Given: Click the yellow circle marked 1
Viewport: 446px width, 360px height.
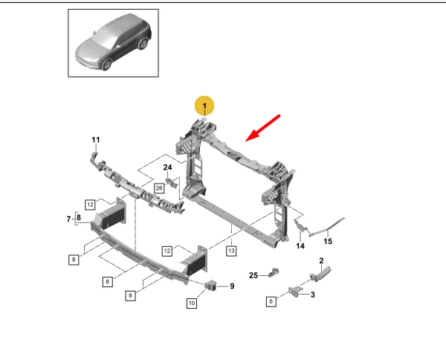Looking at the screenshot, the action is coord(204,106).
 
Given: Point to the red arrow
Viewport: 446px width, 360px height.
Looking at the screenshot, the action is coord(263,128).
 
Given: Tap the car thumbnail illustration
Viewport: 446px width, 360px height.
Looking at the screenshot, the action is coord(113,42).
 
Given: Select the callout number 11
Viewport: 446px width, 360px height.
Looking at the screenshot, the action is coord(96,140).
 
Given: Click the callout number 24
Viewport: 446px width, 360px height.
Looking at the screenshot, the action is coord(167,167).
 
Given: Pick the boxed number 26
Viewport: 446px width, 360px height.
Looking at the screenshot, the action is coord(159,188).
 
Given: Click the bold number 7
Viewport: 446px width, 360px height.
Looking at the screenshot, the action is coord(68,219).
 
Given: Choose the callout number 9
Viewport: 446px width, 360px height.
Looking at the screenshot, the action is coord(232,286).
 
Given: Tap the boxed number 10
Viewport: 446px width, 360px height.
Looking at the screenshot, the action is coord(192,303).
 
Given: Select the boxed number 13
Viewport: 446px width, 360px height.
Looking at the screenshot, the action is coord(231,251).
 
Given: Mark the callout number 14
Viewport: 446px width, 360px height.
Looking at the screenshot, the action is coord(300,246).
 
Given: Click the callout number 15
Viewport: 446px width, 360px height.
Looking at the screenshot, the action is coord(328,241).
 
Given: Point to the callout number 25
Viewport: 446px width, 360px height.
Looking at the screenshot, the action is coord(253,275).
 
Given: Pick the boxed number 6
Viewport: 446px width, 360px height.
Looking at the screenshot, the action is coord(271,301).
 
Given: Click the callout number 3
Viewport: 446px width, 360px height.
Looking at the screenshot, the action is coord(313,295).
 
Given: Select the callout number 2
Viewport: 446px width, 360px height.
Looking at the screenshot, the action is coord(321,260).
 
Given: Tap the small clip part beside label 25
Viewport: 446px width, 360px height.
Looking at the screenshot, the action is coord(274,272).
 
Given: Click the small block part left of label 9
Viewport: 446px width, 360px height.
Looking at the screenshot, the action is coord(211,285).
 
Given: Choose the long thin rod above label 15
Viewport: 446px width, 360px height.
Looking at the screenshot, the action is coord(326,227).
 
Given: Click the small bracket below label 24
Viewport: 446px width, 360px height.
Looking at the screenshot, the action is coord(171,183).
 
